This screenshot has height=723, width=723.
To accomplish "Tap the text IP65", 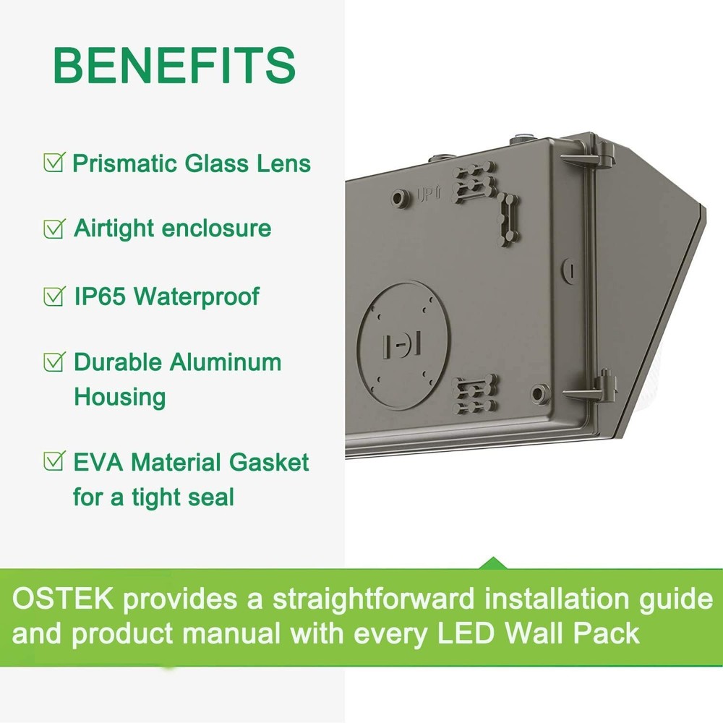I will [x=99, y=296].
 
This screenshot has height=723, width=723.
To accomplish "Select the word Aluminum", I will [x=225, y=362].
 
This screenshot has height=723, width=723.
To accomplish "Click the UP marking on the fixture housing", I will [x=425, y=193].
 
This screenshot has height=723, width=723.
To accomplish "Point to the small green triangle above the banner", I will [x=492, y=562].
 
